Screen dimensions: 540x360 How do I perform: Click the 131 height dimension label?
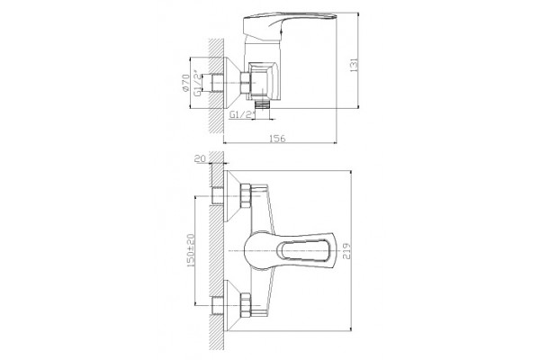355,65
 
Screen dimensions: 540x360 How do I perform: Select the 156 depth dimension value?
277,138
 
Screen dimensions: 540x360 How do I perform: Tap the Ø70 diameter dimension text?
185,83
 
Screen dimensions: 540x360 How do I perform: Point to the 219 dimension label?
346,251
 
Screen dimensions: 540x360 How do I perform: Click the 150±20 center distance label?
191,250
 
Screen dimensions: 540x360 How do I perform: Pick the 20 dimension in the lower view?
200,158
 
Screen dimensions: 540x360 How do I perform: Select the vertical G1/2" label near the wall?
198,83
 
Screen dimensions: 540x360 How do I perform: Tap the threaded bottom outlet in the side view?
263,104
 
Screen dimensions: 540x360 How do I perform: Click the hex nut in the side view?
245,83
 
